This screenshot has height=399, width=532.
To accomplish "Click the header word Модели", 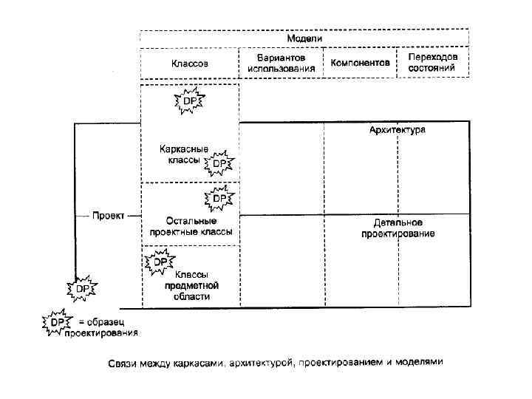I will click(x=304, y=38).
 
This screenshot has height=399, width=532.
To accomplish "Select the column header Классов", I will click(x=190, y=64).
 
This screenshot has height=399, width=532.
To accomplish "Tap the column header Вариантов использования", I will click(x=282, y=63).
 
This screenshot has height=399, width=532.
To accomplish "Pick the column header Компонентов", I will click(x=360, y=64).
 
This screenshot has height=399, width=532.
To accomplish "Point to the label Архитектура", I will click(x=398, y=129).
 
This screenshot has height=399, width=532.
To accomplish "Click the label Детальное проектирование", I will click(x=398, y=228).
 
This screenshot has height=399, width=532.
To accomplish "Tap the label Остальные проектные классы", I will click(x=191, y=226).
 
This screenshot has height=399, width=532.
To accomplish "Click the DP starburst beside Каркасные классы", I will click(x=219, y=163).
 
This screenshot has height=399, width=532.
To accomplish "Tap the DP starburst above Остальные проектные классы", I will click(x=220, y=199).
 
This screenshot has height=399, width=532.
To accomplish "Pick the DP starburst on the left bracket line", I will click(x=81, y=289).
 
